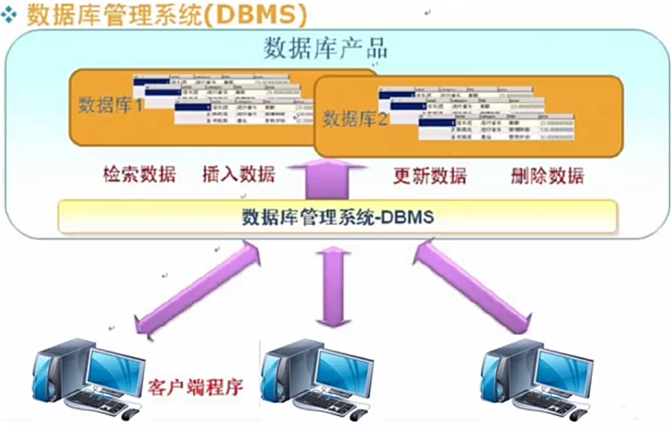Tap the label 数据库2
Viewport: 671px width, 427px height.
(355, 118)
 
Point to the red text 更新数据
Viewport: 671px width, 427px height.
(430, 176)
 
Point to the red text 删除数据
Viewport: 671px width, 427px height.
(547, 176)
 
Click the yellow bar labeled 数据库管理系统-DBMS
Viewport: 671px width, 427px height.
(338, 216)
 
